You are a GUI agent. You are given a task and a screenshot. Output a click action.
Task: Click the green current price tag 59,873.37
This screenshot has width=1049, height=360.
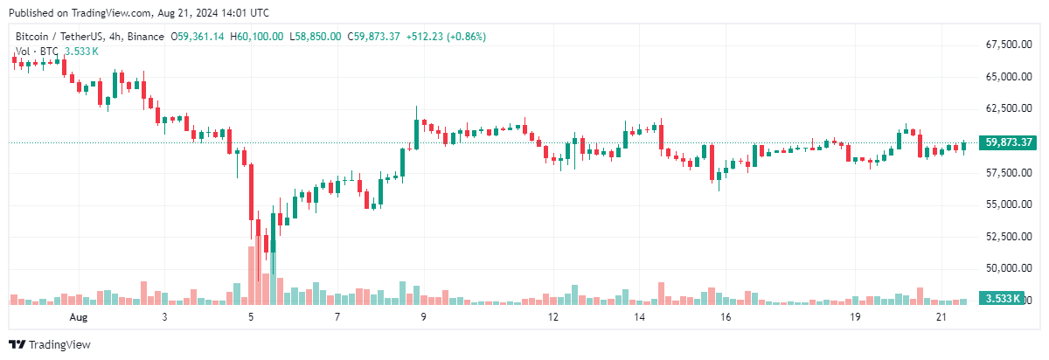pyautogui.click(x=1009, y=142)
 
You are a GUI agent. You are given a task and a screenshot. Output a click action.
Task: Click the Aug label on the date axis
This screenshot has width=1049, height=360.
pyautogui.click(x=79, y=317)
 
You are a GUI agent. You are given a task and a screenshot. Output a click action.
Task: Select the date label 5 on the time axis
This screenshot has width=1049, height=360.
pyautogui.click(x=251, y=317)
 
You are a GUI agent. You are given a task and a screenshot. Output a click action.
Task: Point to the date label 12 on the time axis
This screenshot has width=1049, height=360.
pyautogui.click(x=552, y=317)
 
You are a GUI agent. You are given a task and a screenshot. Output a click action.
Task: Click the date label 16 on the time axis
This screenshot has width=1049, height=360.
pyautogui.click(x=726, y=317)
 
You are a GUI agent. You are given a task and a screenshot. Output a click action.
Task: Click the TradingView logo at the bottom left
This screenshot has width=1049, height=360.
pyautogui.click(x=50, y=344)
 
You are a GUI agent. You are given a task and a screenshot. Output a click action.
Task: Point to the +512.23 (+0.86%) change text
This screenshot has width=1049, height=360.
pyautogui.click(x=446, y=37)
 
